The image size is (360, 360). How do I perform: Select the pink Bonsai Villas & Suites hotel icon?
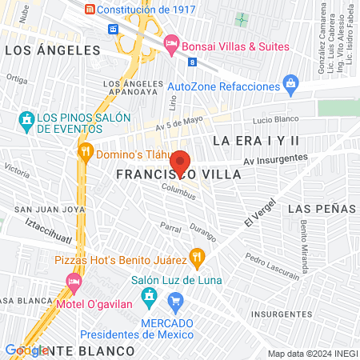coord(170,43)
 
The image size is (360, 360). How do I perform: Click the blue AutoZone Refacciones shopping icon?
coord(290,84)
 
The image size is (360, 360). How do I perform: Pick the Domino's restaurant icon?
coord(85,151)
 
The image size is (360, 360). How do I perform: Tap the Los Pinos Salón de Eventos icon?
coord(26,122)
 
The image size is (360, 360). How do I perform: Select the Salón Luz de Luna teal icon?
coord(148,298)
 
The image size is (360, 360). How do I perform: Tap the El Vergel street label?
coord(258,210)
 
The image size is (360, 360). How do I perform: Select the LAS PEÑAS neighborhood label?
coord(321,208)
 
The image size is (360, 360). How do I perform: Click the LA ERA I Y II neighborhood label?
coord(257,141)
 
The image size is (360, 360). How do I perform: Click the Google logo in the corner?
coord(26,350)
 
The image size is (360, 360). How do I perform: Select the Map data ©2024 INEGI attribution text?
coord(310,354)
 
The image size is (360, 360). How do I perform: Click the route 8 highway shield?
coord(192,62)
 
